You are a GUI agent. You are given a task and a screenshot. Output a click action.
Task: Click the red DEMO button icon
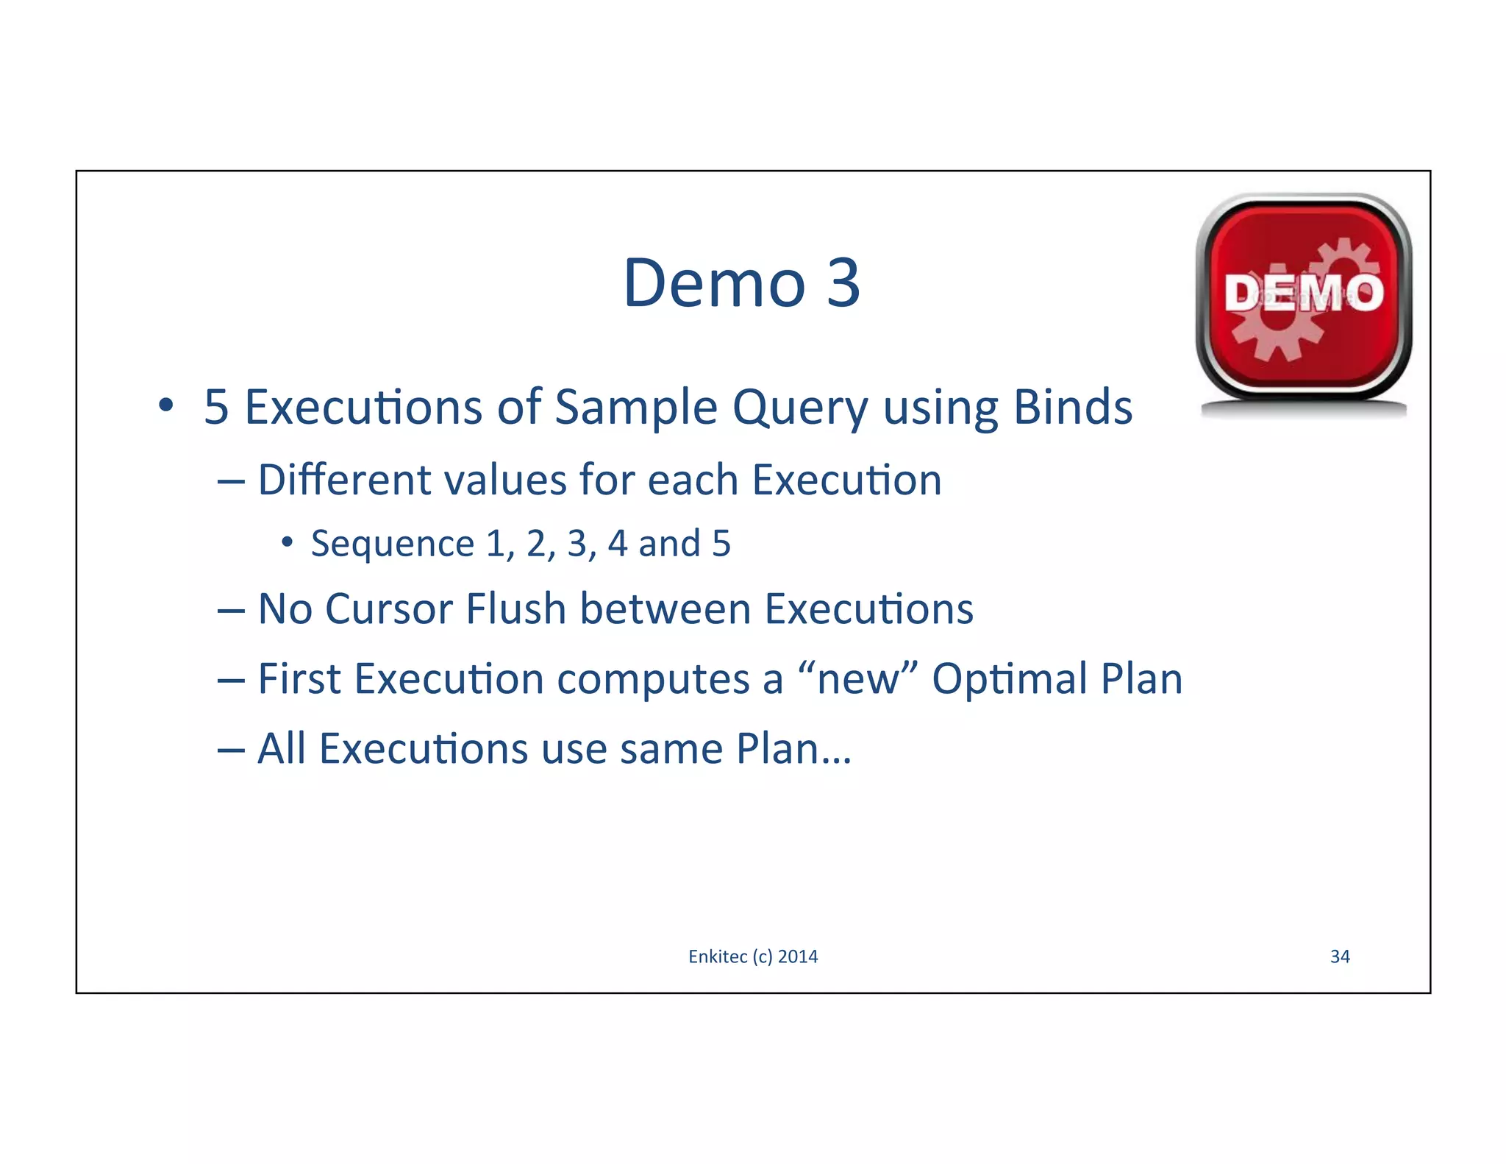coord(1303,298)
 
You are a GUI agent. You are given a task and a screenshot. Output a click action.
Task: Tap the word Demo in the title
coord(714,283)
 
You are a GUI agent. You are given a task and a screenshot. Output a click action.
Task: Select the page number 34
coord(1340,957)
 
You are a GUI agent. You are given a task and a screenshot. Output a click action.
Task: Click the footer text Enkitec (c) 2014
coord(753,957)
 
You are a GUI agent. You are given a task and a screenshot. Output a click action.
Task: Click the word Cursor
coord(389,609)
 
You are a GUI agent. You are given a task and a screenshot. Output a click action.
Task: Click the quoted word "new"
coord(857,678)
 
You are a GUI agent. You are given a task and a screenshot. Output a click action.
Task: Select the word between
coord(665,609)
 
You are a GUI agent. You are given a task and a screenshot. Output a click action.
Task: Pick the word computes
coord(654,680)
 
